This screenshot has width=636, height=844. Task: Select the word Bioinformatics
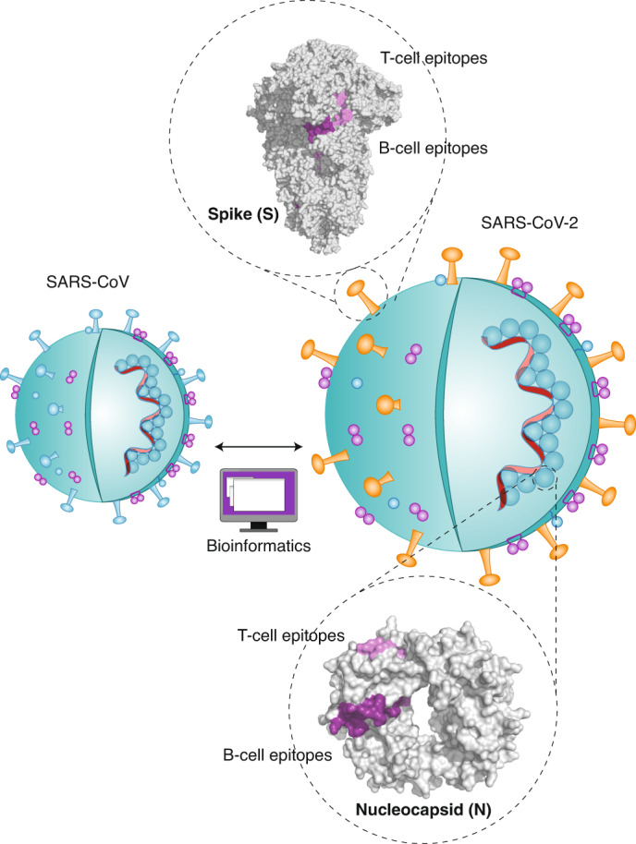coord(260,546)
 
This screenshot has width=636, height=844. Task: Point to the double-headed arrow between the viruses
coord(259,448)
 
